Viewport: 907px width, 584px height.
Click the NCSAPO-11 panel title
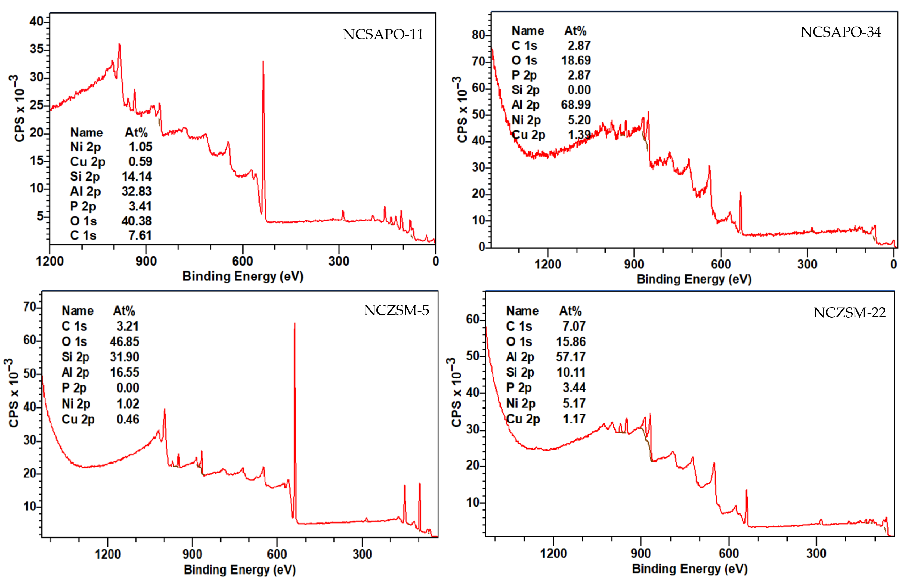pos(383,34)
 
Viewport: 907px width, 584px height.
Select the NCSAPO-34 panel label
pos(841,32)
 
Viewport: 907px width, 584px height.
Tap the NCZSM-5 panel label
pos(396,311)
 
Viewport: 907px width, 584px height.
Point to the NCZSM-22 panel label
pos(849,313)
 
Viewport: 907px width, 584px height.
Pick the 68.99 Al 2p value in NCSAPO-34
pos(576,105)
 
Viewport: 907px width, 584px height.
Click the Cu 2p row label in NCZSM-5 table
pos(78,419)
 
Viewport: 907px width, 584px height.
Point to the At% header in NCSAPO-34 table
pos(575,31)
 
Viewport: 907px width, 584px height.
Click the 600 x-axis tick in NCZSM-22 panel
pos(728,553)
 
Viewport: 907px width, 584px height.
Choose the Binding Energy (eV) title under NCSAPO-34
pos(693,279)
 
